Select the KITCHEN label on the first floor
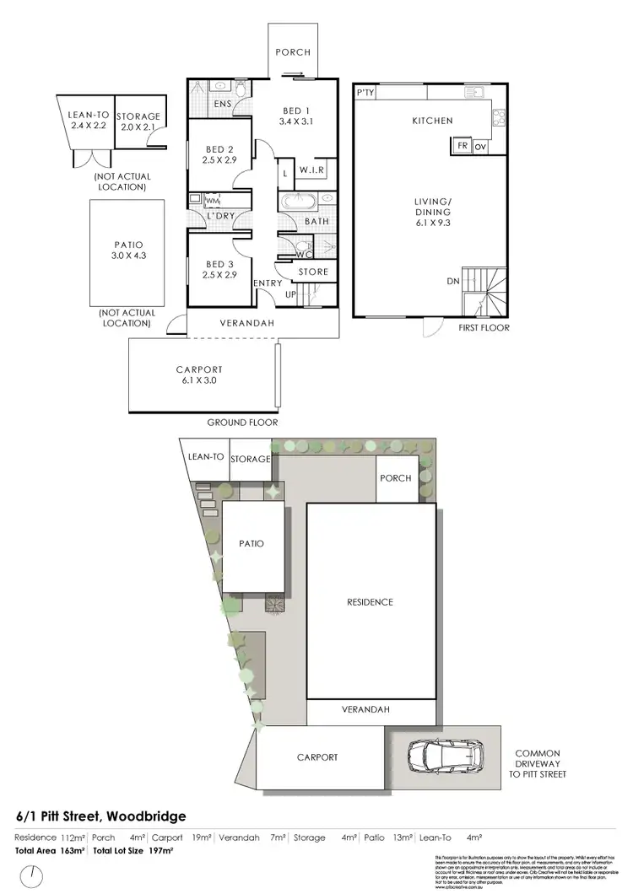tap(432, 121)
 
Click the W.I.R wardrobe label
tap(311, 171)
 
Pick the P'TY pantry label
tap(365, 93)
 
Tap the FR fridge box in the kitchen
tap(463, 145)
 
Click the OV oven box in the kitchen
tap(480, 145)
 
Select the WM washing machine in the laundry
tap(212, 201)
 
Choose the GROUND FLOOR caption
tap(242, 423)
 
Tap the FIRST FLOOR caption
tap(484, 327)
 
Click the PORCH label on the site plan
tap(395, 478)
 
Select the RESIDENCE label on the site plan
tap(370, 602)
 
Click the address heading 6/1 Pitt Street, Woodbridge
tap(100, 816)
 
